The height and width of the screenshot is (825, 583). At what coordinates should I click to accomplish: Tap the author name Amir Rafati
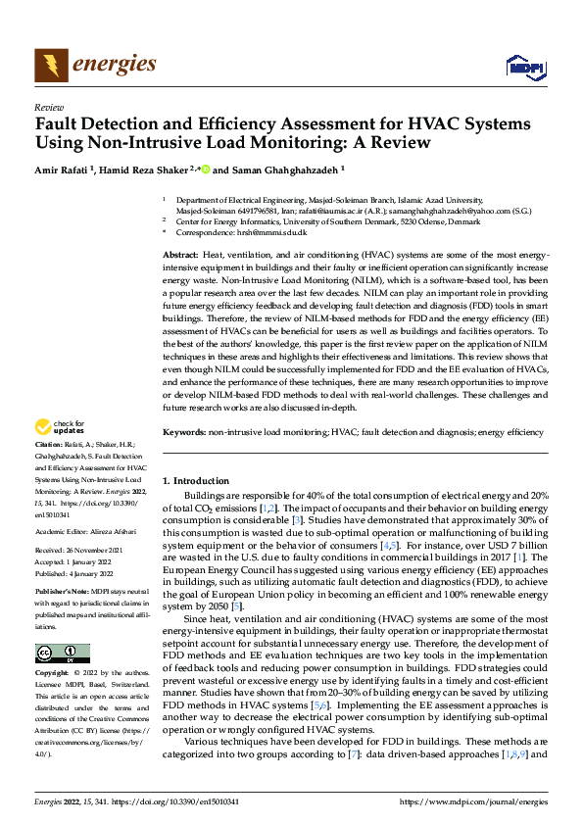[x=65, y=170]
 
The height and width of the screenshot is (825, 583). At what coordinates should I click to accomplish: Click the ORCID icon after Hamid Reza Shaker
[x=205, y=169]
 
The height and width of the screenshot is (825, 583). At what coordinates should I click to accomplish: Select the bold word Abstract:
[x=180, y=254]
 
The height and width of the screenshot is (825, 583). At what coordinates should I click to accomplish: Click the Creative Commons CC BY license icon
[x=62, y=655]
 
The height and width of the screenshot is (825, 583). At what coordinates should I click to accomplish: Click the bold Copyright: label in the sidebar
[x=52, y=675]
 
